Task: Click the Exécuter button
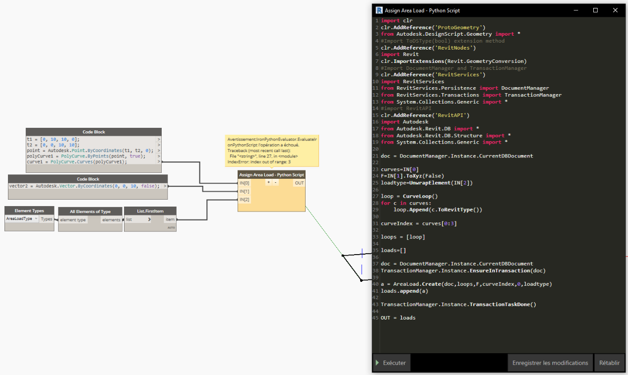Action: (x=392, y=363)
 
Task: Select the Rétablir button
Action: (x=610, y=363)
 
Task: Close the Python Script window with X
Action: (x=615, y=10)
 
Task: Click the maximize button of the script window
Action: (x=595, y=10)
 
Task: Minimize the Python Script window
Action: (x=576, y=10)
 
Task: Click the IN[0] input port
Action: (x=244, y=183)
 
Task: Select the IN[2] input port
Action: (x=244, y=200)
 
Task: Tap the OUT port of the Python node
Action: (x=299, y=183)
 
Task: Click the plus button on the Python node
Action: (x=268, y=182)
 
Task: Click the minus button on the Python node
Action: (x=275, y=182)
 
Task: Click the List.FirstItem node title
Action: (x=150, y=211)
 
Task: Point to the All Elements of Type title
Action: (x=90, y=212)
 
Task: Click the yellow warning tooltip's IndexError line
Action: (x=259, y=162)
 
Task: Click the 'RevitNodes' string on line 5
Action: (x=453, y=48)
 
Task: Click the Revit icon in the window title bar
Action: (x=379, y=10)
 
